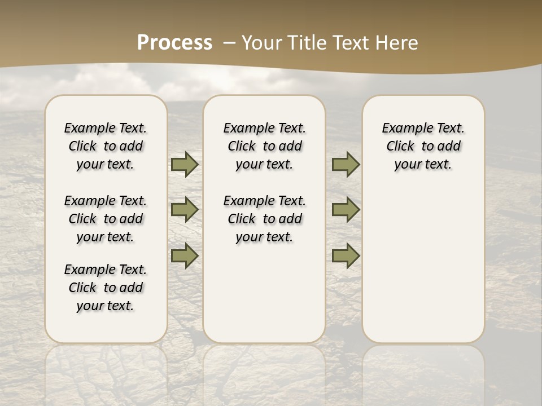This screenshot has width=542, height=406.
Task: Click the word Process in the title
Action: [x=174, y=43]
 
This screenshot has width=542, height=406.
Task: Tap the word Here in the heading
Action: [x=396, y=43]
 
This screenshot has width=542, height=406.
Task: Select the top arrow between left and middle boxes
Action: [x=185, y=164]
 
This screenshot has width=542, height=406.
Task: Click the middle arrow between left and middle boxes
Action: [x=185, y=210]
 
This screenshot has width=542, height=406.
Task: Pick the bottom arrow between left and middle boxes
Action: [x=185, y=255]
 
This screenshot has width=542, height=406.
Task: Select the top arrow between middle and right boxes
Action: [x=346, y=164]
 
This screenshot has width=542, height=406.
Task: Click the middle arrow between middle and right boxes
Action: [x=346, y=210]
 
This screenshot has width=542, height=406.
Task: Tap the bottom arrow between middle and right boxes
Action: [x=346, y=255]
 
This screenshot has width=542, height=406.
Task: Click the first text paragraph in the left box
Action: [x=106, y=146]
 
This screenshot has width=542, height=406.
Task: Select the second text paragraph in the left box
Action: [x=106, y=219]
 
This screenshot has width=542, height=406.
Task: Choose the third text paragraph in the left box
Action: [x=106, y=288]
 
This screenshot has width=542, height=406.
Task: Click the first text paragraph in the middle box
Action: [x=264, y=146]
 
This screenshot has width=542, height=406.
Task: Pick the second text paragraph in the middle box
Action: [x=264, y=219]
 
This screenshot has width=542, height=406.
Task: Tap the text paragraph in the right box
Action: [x=423, y=146]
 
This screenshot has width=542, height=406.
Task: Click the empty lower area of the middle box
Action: [x=264, y=293]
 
